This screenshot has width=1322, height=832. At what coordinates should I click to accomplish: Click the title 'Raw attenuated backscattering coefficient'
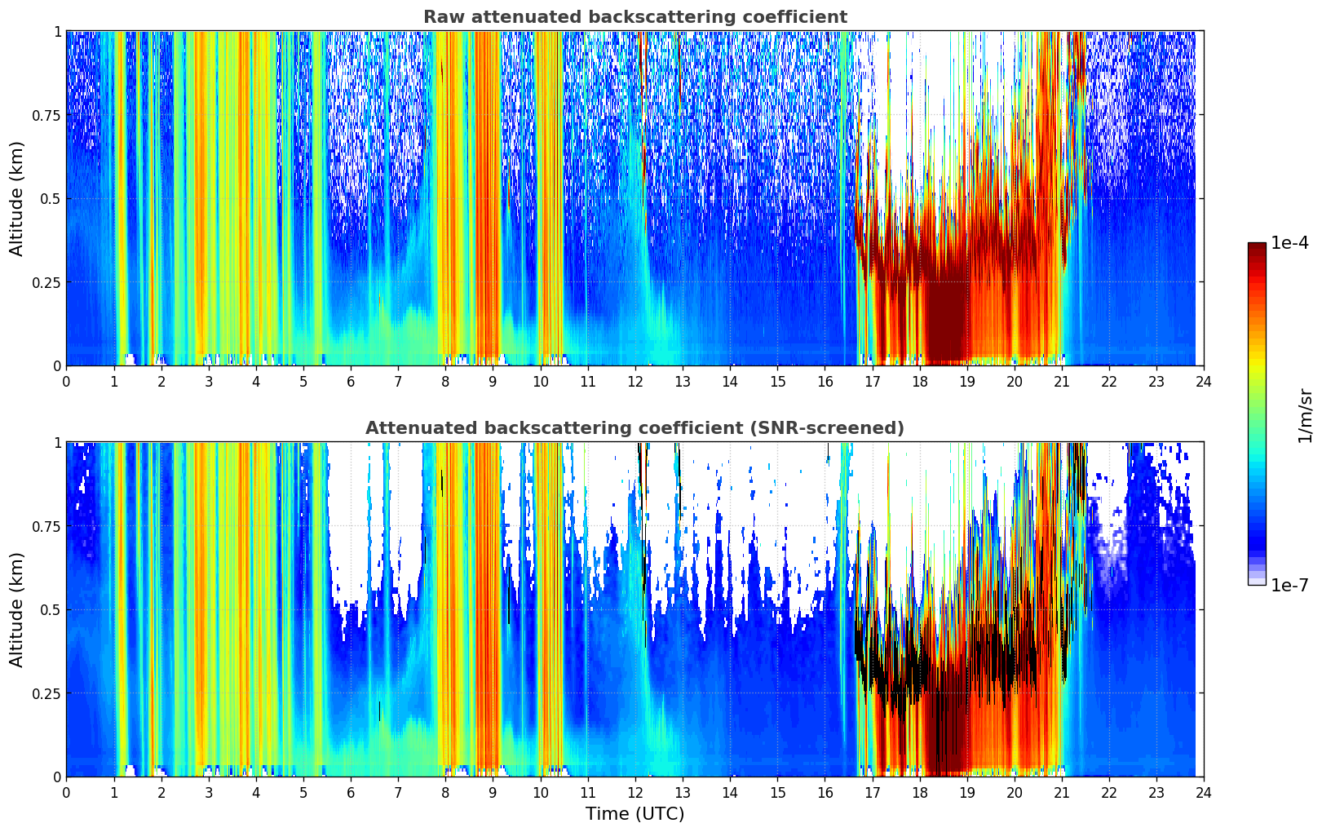coord(634,17)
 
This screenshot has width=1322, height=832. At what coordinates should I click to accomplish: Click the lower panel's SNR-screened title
coord(634,428)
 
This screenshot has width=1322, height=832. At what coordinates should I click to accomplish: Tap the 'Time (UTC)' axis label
coord(634,814)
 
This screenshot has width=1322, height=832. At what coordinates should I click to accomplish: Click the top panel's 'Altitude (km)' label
coord(17,198)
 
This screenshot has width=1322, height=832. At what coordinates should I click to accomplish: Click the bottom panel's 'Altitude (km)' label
coord(17,609)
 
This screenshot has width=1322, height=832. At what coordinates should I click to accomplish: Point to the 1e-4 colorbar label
coord(1289,243)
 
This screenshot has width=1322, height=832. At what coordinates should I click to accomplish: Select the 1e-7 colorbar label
coord(1289,586)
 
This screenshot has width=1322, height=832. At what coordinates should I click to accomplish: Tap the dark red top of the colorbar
coord(1257,248)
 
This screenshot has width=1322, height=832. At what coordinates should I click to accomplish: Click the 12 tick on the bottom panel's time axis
coord(635,792)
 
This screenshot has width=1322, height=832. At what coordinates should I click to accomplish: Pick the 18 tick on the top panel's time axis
coord(920,381)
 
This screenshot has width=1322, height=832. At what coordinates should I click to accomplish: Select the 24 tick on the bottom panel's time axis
coord(1204,792)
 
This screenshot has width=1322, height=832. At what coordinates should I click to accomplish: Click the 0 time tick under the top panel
coord(66,381)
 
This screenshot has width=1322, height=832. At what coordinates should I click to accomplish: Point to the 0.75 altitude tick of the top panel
coord(46,116)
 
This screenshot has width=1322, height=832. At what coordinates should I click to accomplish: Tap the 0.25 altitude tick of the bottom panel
coord(46,693)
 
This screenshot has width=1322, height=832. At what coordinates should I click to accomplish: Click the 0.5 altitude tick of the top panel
coord(51,199)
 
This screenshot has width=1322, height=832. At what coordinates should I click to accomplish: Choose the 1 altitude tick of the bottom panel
coord(57,443)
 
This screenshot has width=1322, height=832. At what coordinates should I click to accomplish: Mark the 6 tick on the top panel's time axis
coord(351,381)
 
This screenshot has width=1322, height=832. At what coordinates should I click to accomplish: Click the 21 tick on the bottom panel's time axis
coord(1062,792)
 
